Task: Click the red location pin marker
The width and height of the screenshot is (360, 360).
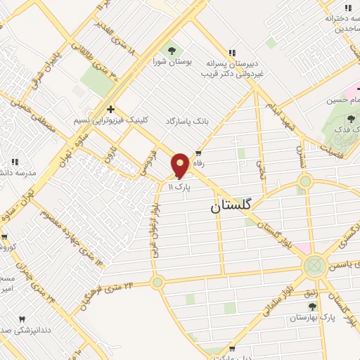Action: (x=181, y=165)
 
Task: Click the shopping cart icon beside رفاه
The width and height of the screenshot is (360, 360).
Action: (x=199, y=153)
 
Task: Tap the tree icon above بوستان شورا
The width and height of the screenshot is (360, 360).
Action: (x=170, y=50)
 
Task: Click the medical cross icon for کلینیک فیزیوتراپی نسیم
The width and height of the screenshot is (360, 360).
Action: (x=110, y=109)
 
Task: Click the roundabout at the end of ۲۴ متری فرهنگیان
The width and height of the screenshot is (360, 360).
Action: (x=157, y=282)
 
